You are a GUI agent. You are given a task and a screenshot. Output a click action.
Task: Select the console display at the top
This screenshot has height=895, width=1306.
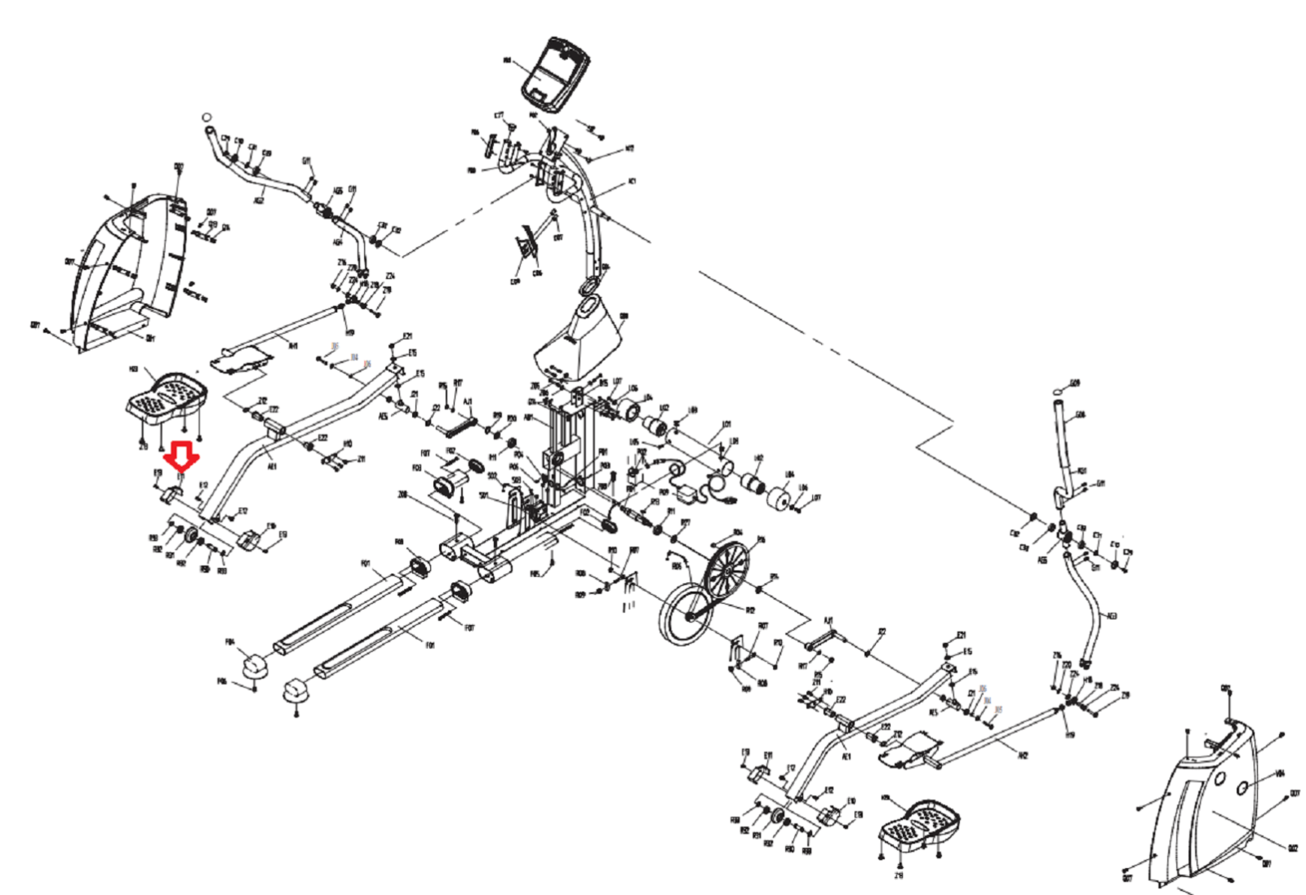[x=557, y=73]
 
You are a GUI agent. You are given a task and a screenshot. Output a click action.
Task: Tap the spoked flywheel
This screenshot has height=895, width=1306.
[x=726, y=567]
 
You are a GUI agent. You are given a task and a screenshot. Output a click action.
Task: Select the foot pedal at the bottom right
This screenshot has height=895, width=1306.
[x=918, y=825]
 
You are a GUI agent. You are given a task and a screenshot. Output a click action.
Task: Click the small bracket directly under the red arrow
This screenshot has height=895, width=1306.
[x=174, y=493]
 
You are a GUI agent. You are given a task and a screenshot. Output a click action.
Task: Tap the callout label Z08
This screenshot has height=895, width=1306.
[x=402, y=494]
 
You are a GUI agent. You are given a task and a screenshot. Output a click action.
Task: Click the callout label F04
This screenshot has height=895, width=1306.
[x=230, y=642]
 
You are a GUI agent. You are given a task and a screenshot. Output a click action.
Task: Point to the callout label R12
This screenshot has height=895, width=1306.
[x=750, y=609]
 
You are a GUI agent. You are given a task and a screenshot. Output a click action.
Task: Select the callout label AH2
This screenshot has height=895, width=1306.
[x=1023, y=755]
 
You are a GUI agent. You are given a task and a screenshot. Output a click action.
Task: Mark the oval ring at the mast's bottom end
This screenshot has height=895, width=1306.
[x=588, y=287]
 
